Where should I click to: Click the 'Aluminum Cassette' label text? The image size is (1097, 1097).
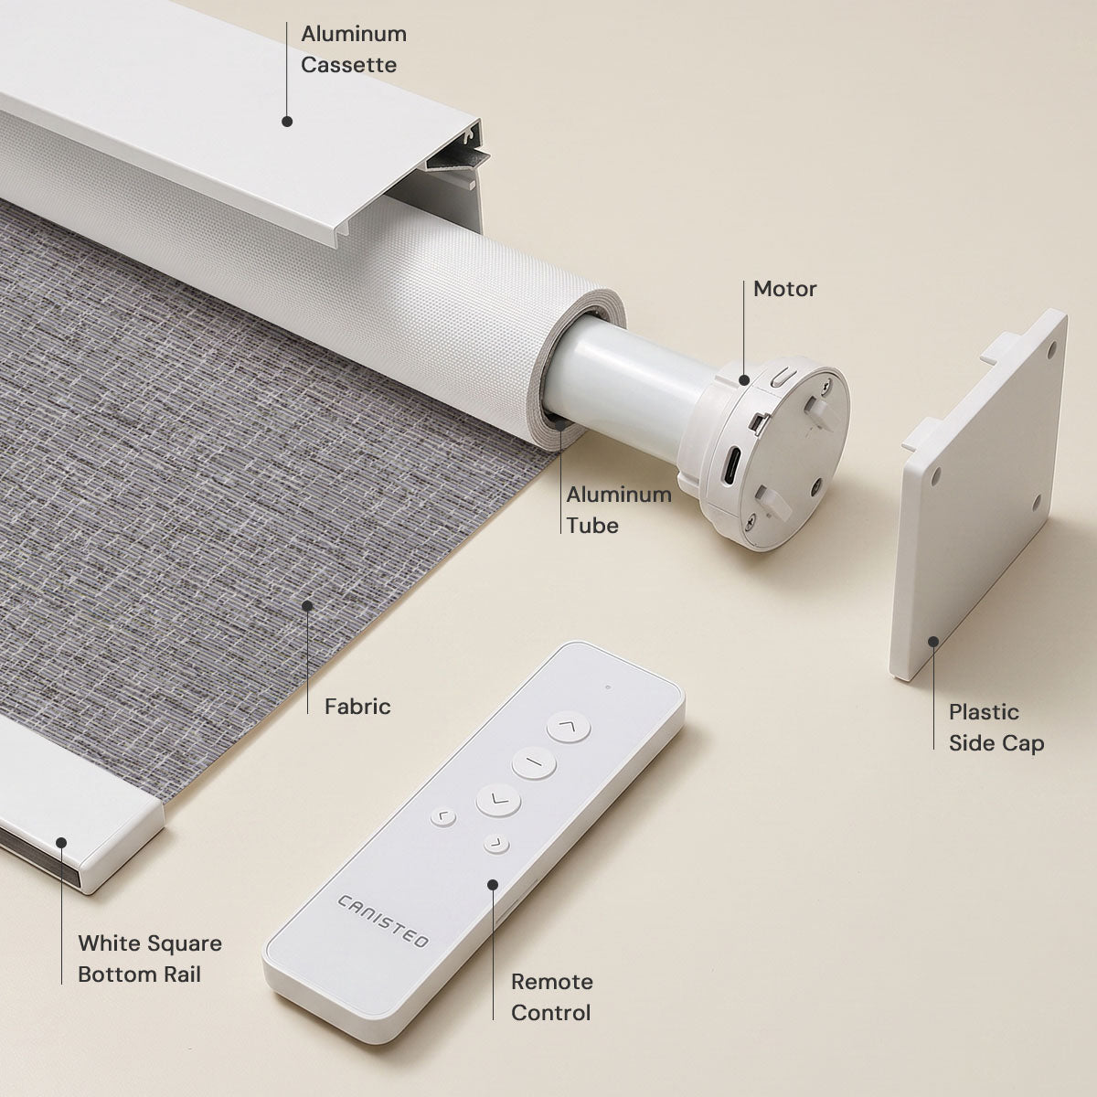[354, 49]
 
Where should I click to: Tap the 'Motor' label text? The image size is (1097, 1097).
[784, 289]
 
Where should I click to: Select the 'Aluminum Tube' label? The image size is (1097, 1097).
[619, 509]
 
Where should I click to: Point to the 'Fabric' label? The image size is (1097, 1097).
[357, 707]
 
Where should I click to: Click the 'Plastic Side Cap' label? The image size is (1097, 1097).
[996, 728]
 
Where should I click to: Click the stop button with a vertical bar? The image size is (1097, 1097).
[533, 762]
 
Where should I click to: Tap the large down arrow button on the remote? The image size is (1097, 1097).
[498, 800]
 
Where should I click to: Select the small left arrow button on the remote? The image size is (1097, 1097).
[442, 817]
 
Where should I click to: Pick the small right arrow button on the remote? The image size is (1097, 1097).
[496, 844]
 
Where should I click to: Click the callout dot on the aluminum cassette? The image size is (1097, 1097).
[287, 122]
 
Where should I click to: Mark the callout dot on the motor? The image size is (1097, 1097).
[744, 379]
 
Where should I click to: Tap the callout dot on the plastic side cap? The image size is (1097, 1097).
[933, 642]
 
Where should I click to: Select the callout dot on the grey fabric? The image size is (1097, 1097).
[307, 606]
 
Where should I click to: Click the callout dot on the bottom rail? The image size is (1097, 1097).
[61, 843]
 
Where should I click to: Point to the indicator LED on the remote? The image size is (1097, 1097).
[608, 687]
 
